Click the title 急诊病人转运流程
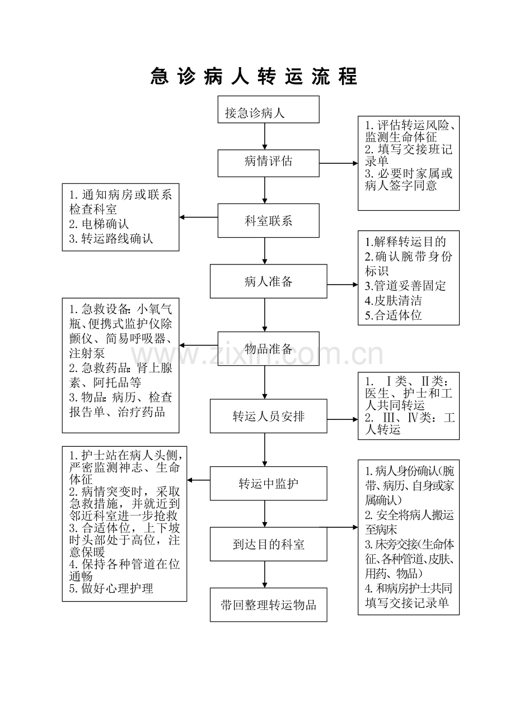254,77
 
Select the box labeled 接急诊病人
268,110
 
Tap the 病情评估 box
268,163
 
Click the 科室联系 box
268,220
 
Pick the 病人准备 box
268,281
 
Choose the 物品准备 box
268,349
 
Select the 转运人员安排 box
268,417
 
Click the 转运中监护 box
268,483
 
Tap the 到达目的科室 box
268,544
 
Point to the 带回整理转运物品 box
268,605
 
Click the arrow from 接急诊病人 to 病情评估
265,136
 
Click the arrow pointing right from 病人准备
343,285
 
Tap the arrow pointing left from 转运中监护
199,480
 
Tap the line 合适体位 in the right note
394,315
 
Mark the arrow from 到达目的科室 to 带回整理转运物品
265,574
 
